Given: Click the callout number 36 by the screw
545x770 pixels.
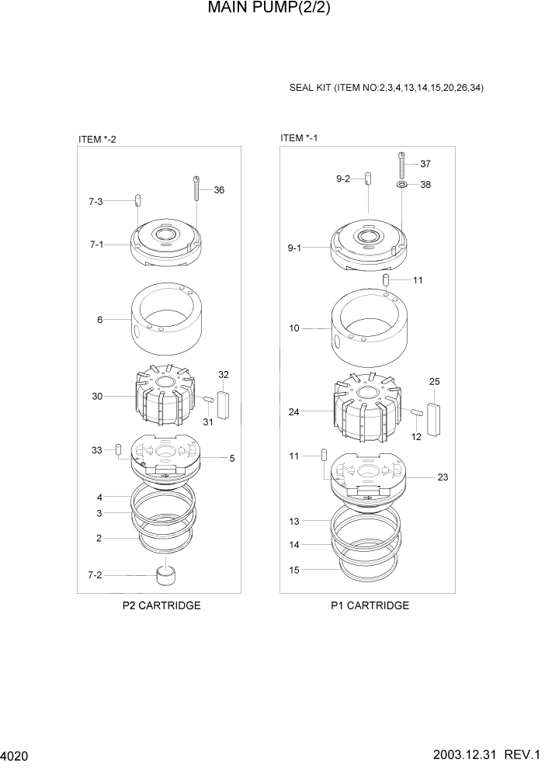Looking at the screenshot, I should click(219, 190).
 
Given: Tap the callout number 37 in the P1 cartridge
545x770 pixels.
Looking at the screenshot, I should click(425, 164).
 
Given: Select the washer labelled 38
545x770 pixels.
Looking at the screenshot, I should click(401, 186).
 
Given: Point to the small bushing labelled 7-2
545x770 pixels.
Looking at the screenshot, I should click(165, 576).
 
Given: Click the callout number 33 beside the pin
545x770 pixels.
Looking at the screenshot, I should click(96, 450).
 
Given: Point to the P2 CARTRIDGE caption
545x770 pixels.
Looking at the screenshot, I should click(161, 605).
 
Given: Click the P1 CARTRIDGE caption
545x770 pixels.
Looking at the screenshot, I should click(370, 605).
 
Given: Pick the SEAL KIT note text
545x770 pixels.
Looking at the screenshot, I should click(387, 88).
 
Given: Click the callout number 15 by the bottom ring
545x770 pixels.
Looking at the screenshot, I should click(294, 570).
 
